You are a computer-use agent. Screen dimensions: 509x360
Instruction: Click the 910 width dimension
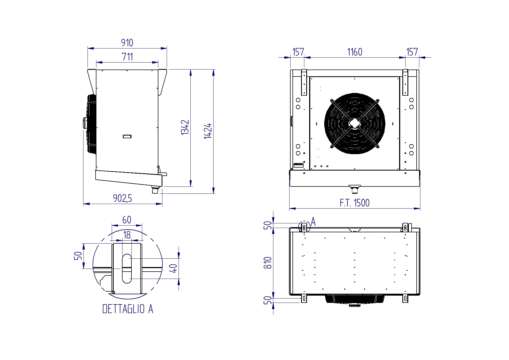pos(127,43)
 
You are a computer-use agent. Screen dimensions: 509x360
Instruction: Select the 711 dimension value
pos(127,57)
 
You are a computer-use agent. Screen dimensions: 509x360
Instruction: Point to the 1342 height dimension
pos(185,127)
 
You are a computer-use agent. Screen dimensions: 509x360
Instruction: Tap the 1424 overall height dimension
pos(208,131)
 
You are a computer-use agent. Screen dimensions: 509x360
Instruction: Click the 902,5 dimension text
pos(123,198)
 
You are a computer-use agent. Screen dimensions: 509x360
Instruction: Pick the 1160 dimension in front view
pos(355,52)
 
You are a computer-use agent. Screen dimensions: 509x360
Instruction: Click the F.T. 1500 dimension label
pos(355,203)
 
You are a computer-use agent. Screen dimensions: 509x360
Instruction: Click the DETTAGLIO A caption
pos(128,309)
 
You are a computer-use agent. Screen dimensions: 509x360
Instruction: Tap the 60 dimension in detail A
pos(127,220)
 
